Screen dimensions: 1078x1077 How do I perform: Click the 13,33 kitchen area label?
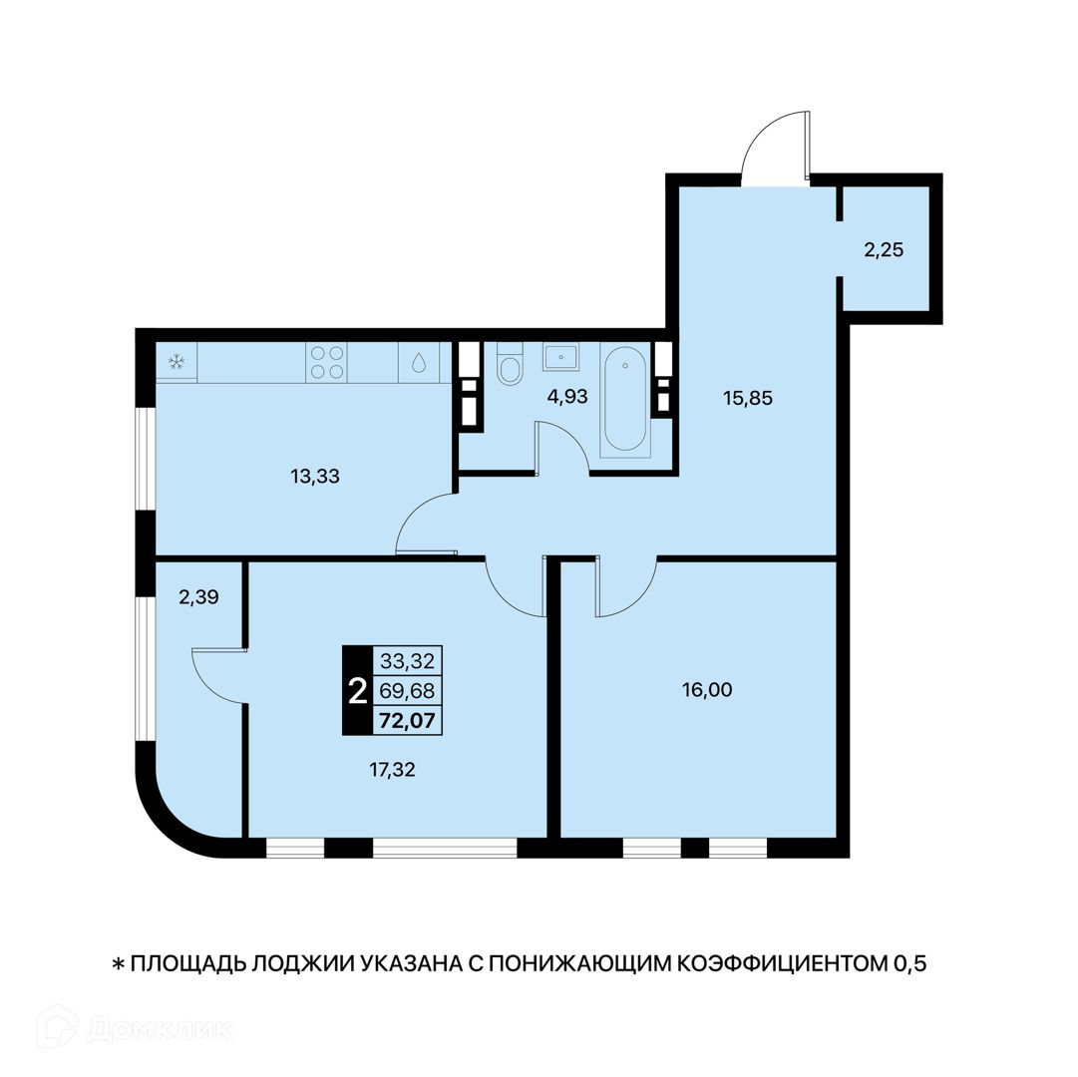[315, 477]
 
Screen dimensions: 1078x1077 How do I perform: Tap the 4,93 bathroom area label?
[567, 397]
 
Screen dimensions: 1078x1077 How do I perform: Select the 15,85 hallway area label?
[748, 398]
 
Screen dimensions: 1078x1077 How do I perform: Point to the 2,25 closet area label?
[884, 250]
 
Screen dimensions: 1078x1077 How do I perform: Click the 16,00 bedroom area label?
[707, 689]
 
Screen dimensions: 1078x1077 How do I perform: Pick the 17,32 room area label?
[393, 770]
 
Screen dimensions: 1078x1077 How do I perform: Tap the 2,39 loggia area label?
[198, 597]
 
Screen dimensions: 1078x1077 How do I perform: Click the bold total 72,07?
[408, 721]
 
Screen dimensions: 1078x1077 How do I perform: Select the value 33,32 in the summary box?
[408, 661]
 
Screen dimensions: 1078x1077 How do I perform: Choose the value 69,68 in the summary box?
[408, 691]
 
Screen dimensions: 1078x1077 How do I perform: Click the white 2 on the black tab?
[357, 691]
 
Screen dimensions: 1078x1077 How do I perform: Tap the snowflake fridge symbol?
[177, 362]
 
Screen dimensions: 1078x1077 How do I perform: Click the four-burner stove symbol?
[326, 362]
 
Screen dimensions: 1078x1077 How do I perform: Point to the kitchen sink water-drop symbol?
[419, 362]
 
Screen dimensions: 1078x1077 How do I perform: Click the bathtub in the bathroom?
[625, 400]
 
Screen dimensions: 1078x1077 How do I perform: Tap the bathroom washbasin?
[561, 357]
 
